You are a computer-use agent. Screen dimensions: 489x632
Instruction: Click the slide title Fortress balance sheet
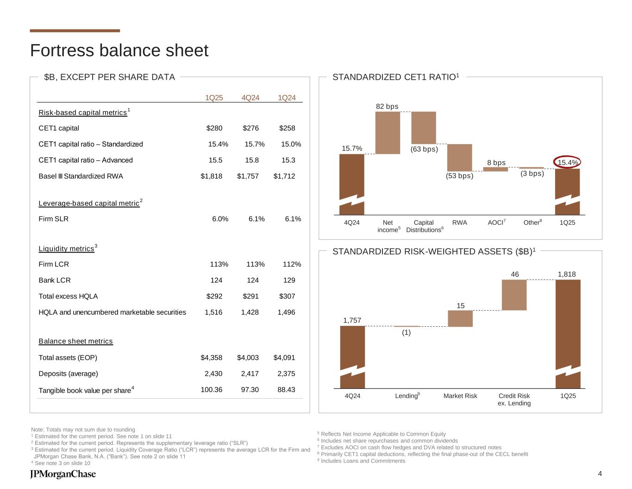119,51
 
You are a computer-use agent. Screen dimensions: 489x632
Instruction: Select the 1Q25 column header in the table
214,97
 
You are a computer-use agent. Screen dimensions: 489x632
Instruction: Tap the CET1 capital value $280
214,128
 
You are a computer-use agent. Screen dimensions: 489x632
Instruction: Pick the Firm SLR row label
54,219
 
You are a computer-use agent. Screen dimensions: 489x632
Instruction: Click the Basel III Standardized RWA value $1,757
248,176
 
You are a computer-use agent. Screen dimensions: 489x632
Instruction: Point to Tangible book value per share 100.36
212,390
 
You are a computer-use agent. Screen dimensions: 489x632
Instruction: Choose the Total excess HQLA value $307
286,296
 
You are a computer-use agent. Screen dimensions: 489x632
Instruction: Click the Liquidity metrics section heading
67,249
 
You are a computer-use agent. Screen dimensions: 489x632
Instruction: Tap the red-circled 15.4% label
567,162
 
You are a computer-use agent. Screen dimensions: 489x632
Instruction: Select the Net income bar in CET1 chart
388,133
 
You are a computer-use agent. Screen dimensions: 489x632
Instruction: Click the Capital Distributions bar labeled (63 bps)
424,128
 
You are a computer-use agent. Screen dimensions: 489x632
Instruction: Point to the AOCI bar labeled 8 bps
495,169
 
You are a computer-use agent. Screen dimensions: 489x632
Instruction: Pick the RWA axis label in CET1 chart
459,222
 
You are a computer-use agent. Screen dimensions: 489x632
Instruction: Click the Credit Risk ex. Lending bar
514,295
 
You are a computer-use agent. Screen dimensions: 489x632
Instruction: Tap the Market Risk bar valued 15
460,318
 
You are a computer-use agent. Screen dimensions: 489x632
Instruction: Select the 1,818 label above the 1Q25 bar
567,274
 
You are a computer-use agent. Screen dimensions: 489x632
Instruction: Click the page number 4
600,473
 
